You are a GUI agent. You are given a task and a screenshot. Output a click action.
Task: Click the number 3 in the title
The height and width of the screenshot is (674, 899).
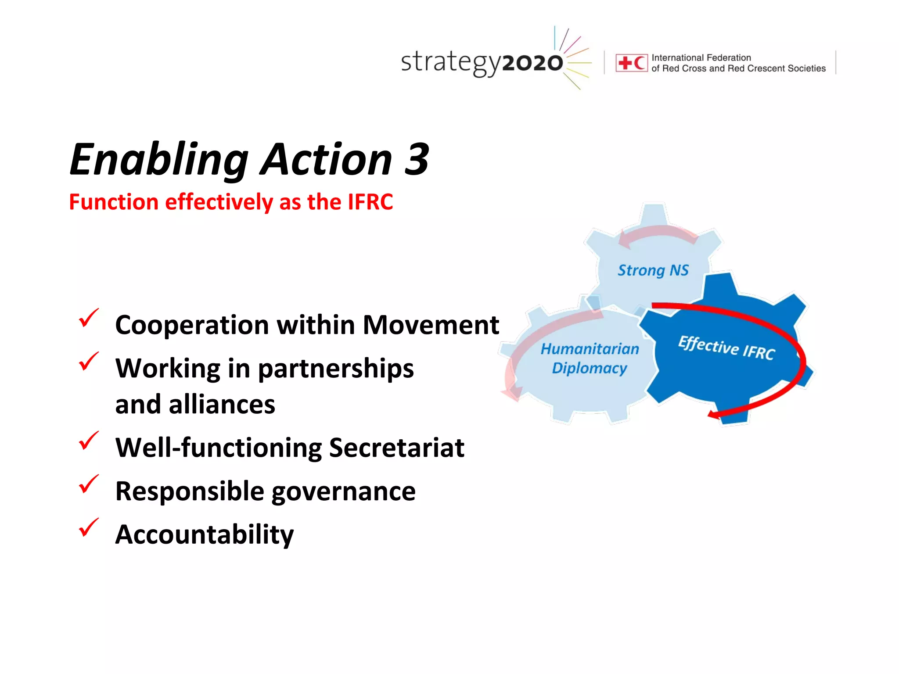point(416,159)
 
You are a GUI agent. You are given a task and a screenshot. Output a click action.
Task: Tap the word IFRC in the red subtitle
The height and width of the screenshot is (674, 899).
point(370,202)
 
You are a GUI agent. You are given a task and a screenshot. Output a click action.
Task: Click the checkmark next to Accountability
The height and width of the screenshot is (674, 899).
point(88,528)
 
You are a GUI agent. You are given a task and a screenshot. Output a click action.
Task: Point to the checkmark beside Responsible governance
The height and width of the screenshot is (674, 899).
point(88,484)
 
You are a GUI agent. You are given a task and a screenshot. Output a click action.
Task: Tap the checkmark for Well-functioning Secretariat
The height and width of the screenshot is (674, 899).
point(88,441)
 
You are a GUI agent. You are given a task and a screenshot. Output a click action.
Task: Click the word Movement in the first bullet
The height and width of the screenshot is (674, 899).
point(431,325)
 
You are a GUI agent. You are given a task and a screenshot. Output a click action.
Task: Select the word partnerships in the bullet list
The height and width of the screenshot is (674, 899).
point(335,369)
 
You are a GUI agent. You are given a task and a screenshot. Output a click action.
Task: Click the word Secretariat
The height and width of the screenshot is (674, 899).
point(396,448)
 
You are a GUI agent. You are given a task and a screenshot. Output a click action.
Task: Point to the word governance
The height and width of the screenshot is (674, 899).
point(343,491)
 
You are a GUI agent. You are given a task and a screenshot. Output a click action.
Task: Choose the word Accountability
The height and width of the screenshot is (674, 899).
point(204,534)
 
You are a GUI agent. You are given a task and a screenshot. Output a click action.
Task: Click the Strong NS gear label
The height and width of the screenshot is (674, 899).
point(653,271)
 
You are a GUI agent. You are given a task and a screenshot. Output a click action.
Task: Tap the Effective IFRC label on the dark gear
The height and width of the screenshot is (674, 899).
point(726,348)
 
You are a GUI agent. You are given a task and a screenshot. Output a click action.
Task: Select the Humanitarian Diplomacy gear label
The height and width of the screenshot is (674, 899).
point(590,359)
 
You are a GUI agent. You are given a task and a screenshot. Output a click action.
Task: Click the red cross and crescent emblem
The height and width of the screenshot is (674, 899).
point(631,63)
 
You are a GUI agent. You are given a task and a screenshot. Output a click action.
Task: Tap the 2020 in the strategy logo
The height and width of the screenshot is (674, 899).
point(532,63)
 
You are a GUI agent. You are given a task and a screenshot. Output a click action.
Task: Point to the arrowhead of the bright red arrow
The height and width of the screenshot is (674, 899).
point(714,415)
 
